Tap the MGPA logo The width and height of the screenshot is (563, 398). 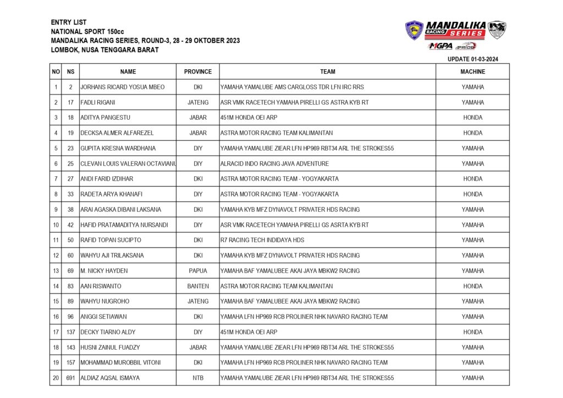[440, 46]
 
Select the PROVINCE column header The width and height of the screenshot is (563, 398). [198, 72]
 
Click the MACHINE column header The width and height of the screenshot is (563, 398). [473, 72]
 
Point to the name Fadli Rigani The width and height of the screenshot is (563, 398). [98, 103]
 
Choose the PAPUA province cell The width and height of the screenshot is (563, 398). [198, 271]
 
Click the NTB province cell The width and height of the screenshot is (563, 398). [198, 378]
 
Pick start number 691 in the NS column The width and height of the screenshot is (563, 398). [70, 378]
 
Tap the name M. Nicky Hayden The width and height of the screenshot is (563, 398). [104, 271]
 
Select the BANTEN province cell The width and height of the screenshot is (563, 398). [198, 286]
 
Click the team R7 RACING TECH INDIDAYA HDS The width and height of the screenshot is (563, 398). [262, 240]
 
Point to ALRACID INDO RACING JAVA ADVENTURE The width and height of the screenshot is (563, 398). [274, 164]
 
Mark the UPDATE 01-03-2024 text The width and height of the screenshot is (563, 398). [473, 59]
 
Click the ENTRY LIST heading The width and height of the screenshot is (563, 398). [69, 22]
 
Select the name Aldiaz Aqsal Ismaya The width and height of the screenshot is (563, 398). [110, 378]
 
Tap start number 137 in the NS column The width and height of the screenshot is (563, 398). [70, 332]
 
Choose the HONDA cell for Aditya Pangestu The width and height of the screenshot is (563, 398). [473, 117]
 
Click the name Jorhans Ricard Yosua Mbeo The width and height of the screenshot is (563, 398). [122, 87]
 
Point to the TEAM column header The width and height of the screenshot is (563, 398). [328, 72]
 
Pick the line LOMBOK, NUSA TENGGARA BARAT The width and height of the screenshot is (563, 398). [104, 50]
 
